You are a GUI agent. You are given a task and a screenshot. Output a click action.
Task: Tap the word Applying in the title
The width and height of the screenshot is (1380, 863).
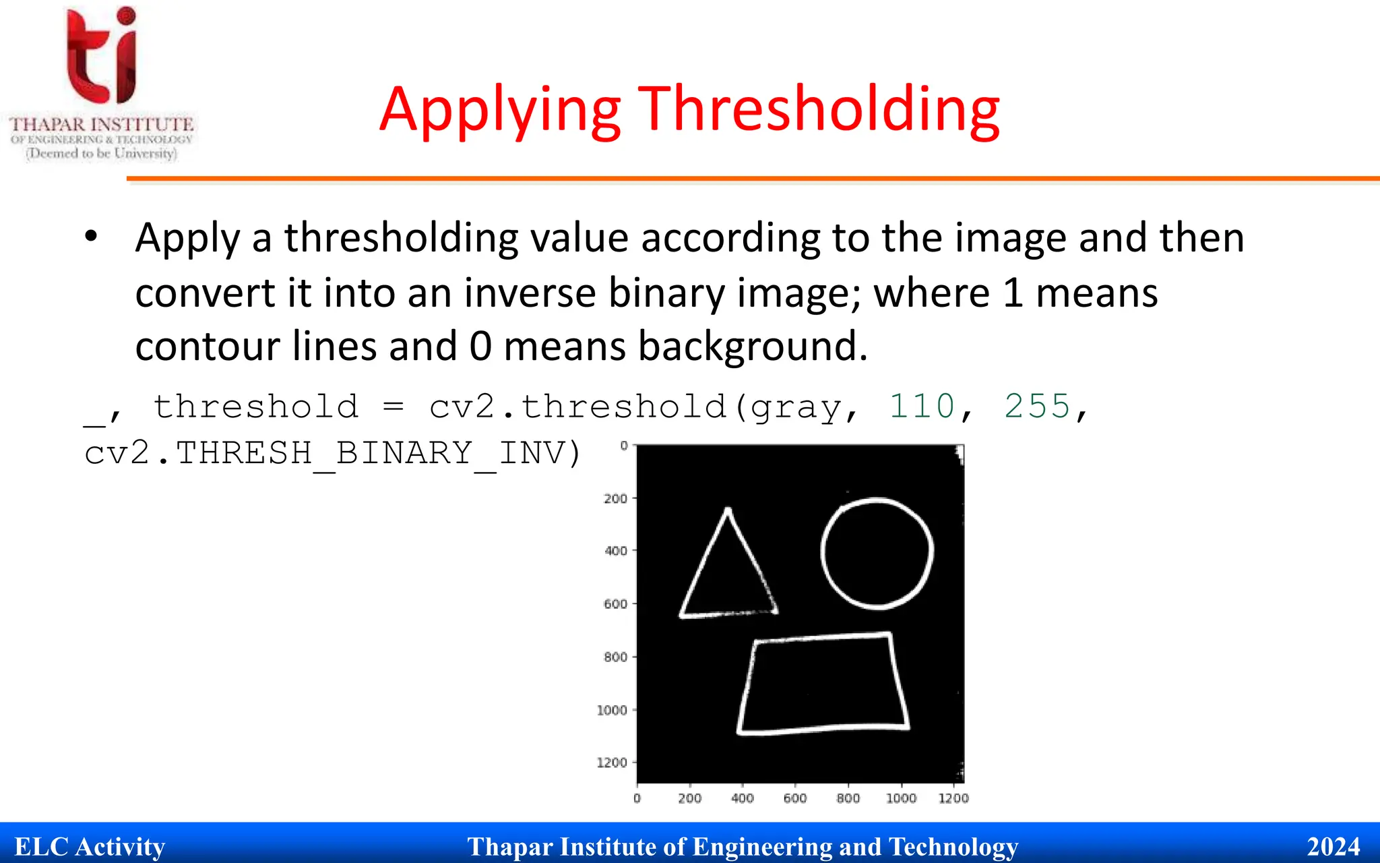pyautogui.click(x=499, y=111)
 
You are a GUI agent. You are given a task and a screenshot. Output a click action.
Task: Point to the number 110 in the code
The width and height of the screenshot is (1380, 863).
pyautogui.click(x=922, y=407)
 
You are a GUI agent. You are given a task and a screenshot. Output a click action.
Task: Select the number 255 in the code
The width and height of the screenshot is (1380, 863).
pyautogui.click(x=1037, y=407)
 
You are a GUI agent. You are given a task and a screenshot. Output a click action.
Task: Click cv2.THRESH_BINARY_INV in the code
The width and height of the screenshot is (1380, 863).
pyautogui.click(x=331, y=453)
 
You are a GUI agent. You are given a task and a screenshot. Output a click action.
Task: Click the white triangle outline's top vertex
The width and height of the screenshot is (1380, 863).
pyautogui.click(x=728, y=510)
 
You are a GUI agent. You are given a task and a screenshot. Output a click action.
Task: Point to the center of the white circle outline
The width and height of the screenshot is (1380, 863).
pyautogui.click(x=877, y=554)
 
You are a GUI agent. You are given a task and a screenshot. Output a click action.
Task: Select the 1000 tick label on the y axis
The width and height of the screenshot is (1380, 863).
pyautogui.click(x=612, y=710)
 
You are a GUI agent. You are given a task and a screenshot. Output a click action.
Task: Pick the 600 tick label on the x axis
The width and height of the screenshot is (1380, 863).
pyautogui.click(x=795, y=799)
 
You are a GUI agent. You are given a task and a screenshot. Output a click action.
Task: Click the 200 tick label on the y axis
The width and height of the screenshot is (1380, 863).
pyautogui.click(x=615, y=499)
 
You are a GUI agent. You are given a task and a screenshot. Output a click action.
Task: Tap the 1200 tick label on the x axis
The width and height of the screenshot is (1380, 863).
pyautogui.click(x=953, y=799)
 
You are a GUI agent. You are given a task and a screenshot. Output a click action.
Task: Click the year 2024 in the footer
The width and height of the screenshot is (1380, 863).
pyautogui.click(x=1334, y=846)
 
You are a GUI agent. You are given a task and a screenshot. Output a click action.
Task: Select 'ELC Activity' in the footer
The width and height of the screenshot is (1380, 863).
pyautogui.click(x=90, y=846)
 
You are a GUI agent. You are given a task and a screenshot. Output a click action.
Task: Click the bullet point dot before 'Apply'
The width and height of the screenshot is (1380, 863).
pyautogui.click(x=92, y=237)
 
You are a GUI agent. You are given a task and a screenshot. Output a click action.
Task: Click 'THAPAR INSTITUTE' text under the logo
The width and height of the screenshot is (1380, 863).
pyautogui.click(x=102, y=125)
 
